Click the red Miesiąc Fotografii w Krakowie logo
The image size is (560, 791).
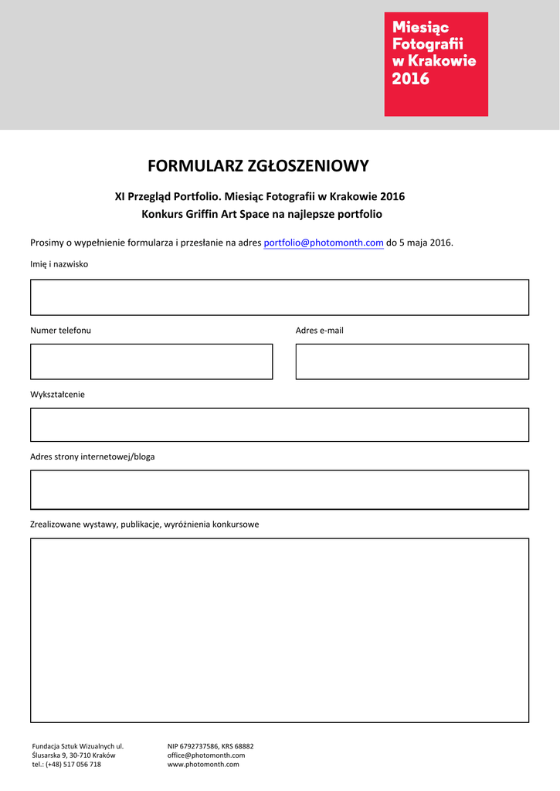coord(436,64)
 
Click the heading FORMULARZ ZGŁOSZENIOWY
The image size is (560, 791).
coord(258,166)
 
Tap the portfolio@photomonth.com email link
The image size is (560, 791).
coord(324,243)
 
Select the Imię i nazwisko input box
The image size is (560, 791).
coord(280,297)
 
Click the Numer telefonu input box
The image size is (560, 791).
coord(151,362)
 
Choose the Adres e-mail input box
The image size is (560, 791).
coord(412,362)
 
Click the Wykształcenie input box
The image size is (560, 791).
coord(280,425)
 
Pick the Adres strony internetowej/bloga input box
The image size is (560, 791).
coord(280,489)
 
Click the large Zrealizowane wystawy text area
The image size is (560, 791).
coord(280,630)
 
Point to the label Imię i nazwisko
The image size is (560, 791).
coord(59,264)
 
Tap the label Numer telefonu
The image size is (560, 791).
coord(61,331)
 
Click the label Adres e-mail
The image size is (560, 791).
coord(320,331)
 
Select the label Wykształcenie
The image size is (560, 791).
coord(58,394)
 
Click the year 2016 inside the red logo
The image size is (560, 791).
coord(411,79)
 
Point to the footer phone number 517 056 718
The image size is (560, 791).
coord(80,764)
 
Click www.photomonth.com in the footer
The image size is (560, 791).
coord(203,764)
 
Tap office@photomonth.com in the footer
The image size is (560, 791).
coord(206,755)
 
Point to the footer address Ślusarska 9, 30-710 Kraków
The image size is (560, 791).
coord(73,755)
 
